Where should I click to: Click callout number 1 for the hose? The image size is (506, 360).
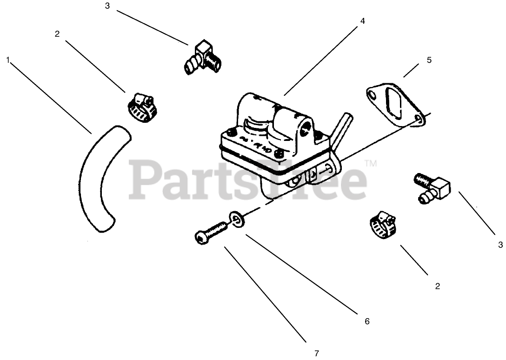click(8, 60)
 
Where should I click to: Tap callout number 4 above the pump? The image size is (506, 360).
click(363, 21)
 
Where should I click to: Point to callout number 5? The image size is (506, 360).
click(429, 60)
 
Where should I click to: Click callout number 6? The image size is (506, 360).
click(367, 321)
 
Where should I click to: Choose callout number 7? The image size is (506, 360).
click(316, 353)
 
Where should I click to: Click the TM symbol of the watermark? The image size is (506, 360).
click(370, 163)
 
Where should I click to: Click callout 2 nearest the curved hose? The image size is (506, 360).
click(57, 34)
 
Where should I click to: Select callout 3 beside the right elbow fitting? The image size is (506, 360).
click(500, 244)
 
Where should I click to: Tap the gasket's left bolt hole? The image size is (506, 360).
click(372, 94)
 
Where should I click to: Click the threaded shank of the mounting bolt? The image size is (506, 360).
click(217, 229)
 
